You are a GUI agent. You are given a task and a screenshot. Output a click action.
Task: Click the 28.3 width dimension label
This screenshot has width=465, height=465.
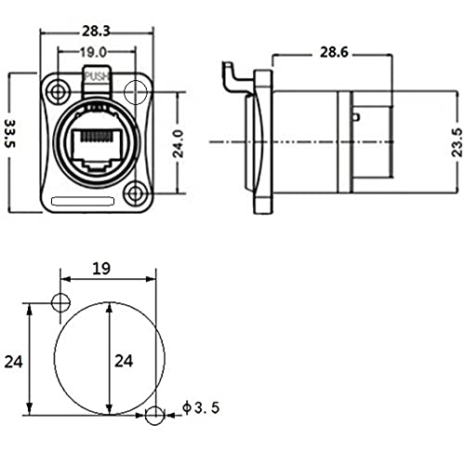pyautogui.click(x=96, y=32)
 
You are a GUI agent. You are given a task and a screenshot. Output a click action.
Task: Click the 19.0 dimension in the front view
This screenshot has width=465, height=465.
pyautogui.click(x=93, y=52)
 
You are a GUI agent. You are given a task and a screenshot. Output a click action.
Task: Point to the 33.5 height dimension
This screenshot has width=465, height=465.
pyautogui.click(x=11, y=134)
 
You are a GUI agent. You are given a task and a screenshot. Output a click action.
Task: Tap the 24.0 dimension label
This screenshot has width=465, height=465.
pyautogui.click(x=179, y=143)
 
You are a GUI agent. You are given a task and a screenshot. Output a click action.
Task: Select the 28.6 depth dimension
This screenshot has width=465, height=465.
pyautogui.click(x=334, y=52)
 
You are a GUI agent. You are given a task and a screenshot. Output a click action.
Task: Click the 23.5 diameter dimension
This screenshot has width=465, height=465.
pyautogui.click(x=457, y=142)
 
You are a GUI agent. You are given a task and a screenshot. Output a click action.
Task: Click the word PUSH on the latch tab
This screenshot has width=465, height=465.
pyautogui.click(x=98, y=76)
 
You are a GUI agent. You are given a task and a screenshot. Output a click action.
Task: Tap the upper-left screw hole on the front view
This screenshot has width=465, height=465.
pyautogui.click(x=57, y=92)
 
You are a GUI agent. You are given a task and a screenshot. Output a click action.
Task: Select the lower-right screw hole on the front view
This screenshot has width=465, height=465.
pyautogui.click(x=135, y=193)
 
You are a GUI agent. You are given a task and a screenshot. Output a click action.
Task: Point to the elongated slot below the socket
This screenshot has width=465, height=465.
pyautogui.click(x=83, y=201)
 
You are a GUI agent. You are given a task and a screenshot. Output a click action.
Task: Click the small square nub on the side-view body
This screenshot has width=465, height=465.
pyautogui.click(x=356, y=117)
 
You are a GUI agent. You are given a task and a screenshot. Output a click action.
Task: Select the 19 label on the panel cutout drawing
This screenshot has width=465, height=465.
pyautogui.click(x=101, y=269)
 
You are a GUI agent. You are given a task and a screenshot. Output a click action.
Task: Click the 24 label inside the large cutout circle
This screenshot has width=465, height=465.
pyautogui.click(x=124, y=361)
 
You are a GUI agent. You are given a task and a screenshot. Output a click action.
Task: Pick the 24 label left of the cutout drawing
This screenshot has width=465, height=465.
pyautogui.click(x=14, y=362)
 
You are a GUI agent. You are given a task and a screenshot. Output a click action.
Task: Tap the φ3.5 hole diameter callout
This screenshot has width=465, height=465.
pyautogui.click(x=201, y=407)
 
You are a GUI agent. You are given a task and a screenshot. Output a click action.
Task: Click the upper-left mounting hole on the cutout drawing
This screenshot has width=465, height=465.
pyautogui.click(x=60, y=302)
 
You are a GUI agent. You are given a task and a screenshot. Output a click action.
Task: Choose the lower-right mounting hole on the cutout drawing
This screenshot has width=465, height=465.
pyautogui.click(x=154, y=415)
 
